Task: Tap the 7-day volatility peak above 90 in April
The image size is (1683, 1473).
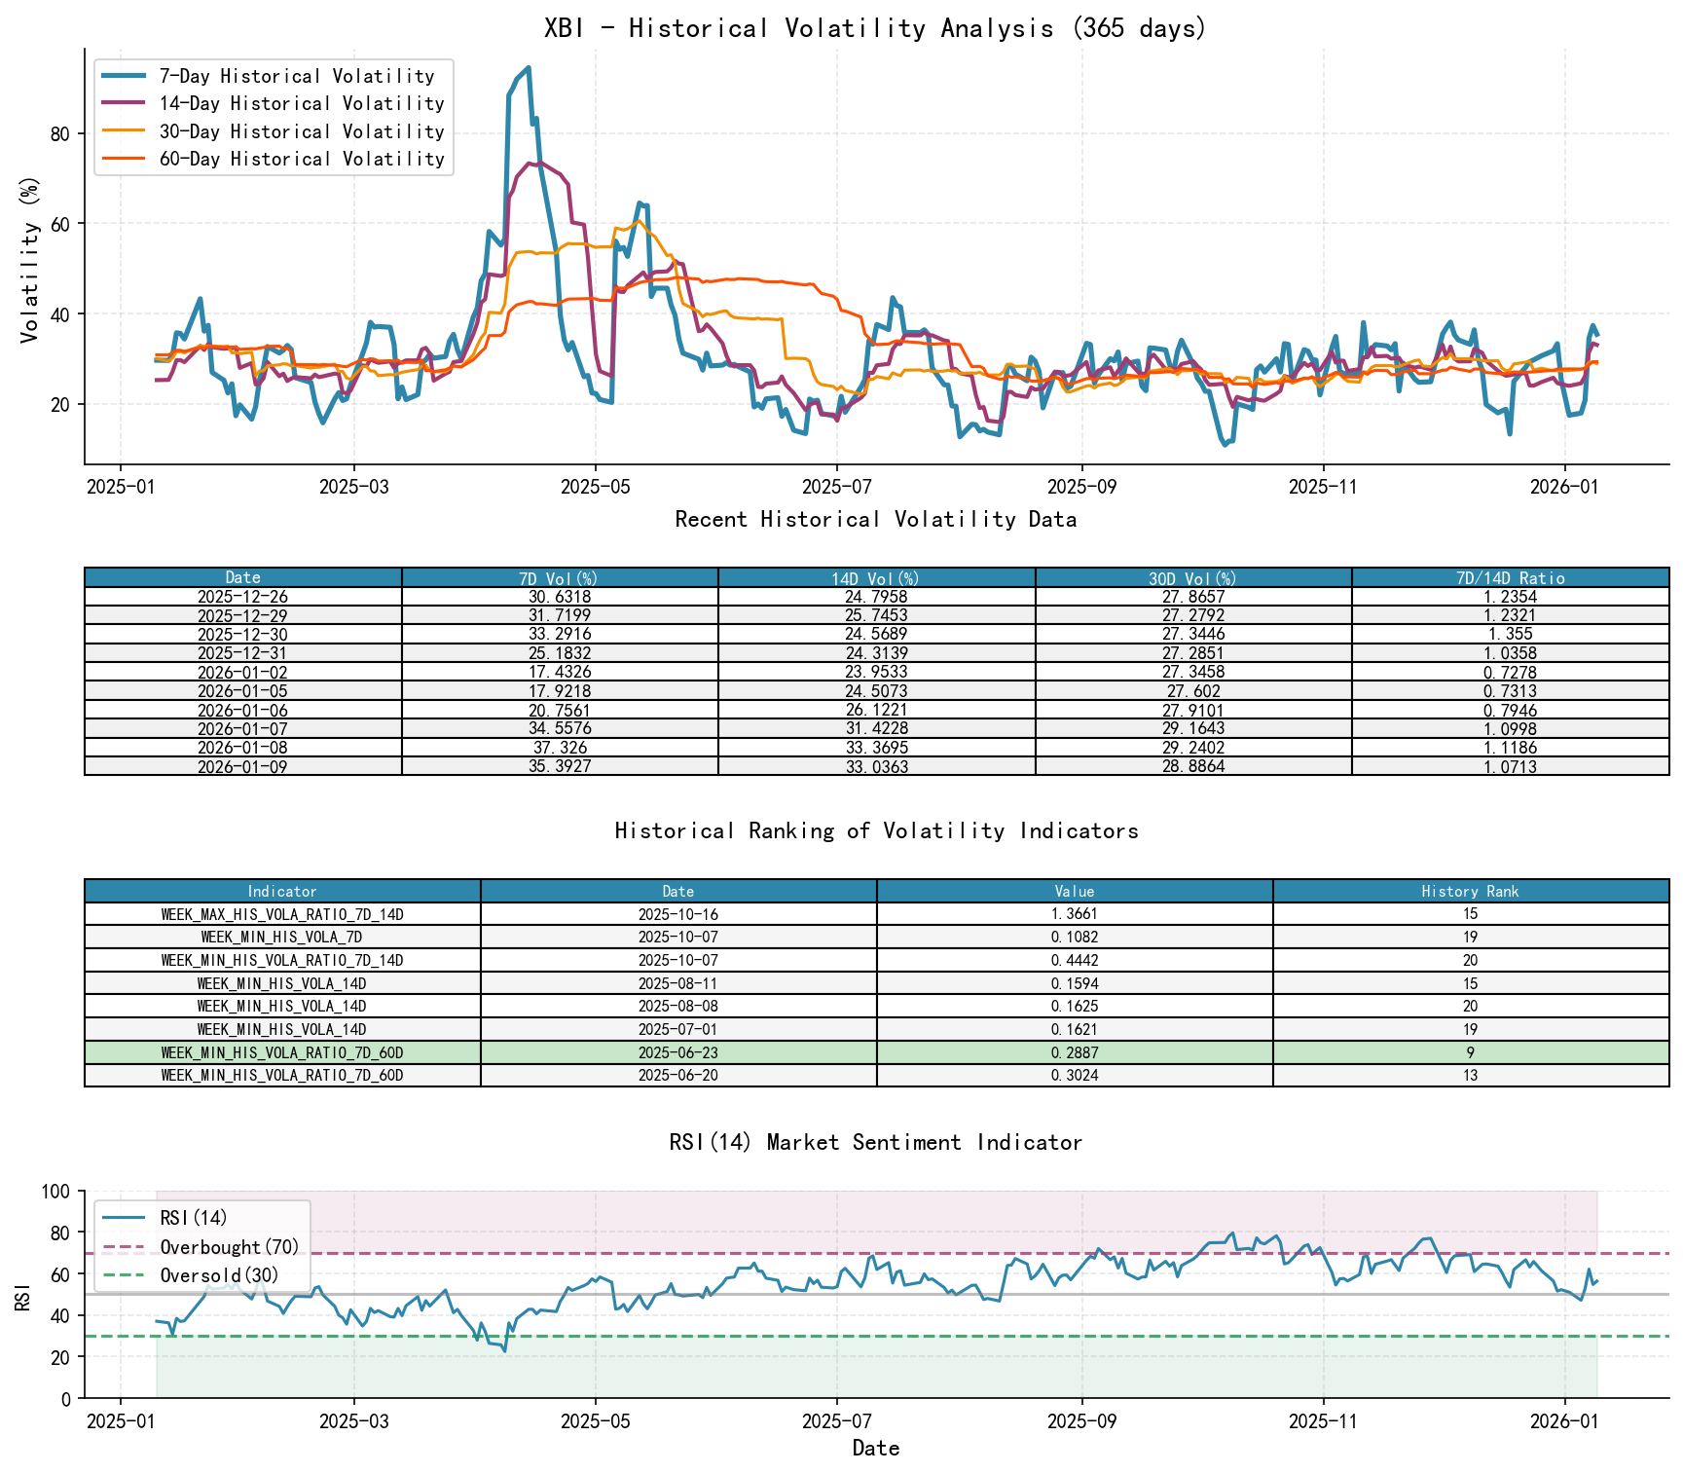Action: [528, 68]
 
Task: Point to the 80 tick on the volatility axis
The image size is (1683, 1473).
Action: [59, 133]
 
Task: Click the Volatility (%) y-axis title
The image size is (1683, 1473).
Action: [29, 260]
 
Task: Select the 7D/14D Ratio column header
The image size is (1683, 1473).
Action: [1510, 577]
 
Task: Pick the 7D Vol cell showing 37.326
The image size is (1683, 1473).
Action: [560, 748]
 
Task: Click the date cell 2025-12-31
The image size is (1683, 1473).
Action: [242, 653]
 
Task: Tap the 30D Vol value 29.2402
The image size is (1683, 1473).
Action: [1193, 748]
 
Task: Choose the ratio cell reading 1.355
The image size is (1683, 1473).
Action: [1510, 634]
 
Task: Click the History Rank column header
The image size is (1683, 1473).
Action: [1470, 891]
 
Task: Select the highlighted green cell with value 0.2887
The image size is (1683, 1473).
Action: [1075, 1052]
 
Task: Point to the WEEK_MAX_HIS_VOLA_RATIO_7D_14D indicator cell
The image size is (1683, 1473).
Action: [282, 914]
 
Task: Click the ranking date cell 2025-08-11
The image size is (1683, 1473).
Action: [678, 983]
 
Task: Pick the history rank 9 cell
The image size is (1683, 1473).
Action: [1470, 1052]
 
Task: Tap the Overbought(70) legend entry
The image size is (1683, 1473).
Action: [229, 1247]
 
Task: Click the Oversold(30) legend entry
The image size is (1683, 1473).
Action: [219, 1275]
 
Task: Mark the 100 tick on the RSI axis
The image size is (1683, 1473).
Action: [56, 1192]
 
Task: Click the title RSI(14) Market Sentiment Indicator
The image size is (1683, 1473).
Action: [875, 1142]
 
